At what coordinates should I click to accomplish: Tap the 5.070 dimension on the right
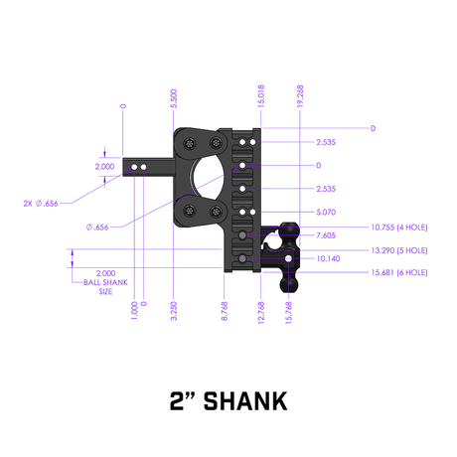pos(327,212)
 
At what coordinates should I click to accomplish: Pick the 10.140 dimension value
pos(327,257)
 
